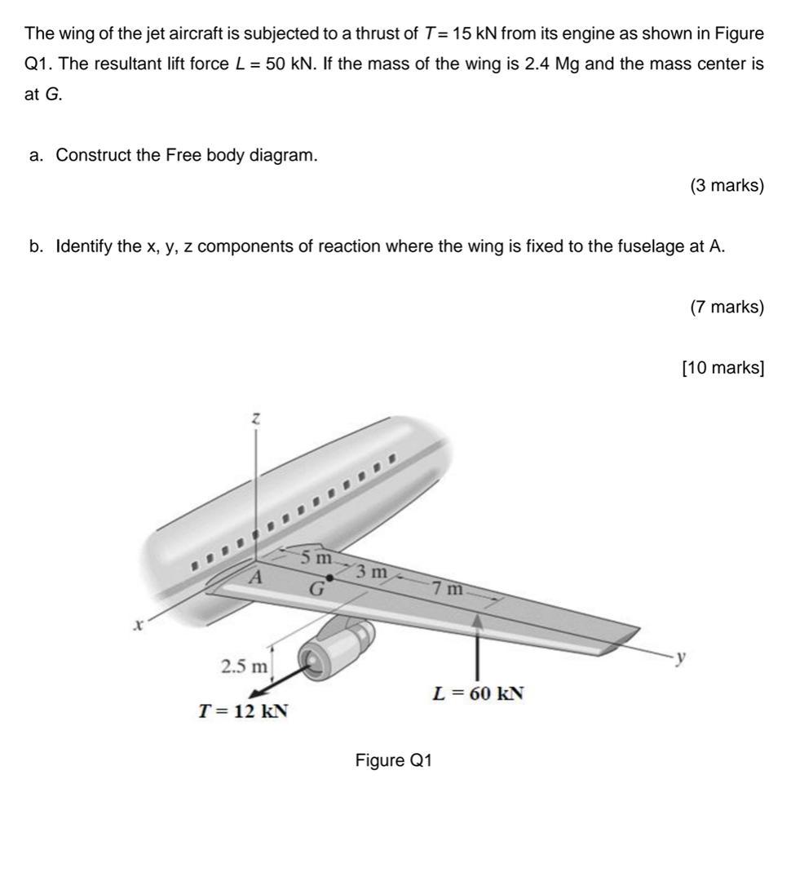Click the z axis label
[x=256, y=418]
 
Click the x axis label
[x=139, y=626]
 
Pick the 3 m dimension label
[x=373, y=571]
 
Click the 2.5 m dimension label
[x=244, y=666]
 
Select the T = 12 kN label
[x=244, y=711]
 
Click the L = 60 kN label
[x=478, y=693]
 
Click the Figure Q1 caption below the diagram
[x=393, y=760]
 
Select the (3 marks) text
[x=727, y=186]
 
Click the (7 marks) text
[x=727, y=307]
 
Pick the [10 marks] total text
[x=723, y=367]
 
